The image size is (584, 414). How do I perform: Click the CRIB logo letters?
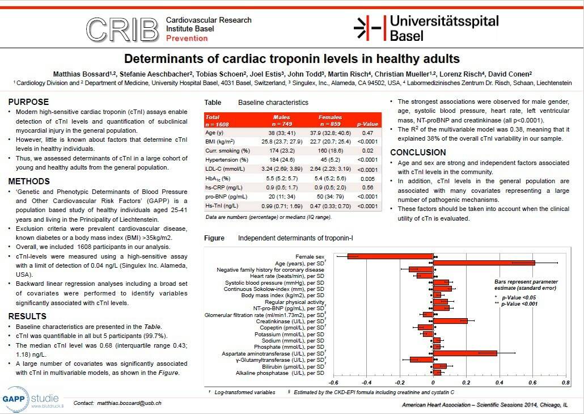[122, 29]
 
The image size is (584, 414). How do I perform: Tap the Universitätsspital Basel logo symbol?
[367, 28]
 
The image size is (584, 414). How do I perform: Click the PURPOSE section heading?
[29, 102]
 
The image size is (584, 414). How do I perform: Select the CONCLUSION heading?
[418, 153]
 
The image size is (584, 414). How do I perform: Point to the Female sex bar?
[390, 256]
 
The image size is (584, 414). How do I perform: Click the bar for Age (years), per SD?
[484, 263]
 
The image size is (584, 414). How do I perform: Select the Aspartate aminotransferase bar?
[465, 353]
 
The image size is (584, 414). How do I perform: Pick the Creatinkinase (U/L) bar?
[450, 321]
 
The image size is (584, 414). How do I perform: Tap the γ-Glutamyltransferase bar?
[421, 360]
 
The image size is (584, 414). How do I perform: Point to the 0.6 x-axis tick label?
[532, 382]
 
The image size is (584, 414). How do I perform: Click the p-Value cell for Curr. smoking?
[367, 150]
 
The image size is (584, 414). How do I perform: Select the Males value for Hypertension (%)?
[282, 160]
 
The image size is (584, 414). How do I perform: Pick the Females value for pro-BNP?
[330, 197]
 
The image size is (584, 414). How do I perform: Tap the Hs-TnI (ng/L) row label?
[222, 206]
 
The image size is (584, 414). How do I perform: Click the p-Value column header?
[367, 124]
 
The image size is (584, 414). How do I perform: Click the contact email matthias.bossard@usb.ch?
[129, 403]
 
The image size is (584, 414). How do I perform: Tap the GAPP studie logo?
[31, 399]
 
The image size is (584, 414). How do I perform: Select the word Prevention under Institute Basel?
[187, 38]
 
